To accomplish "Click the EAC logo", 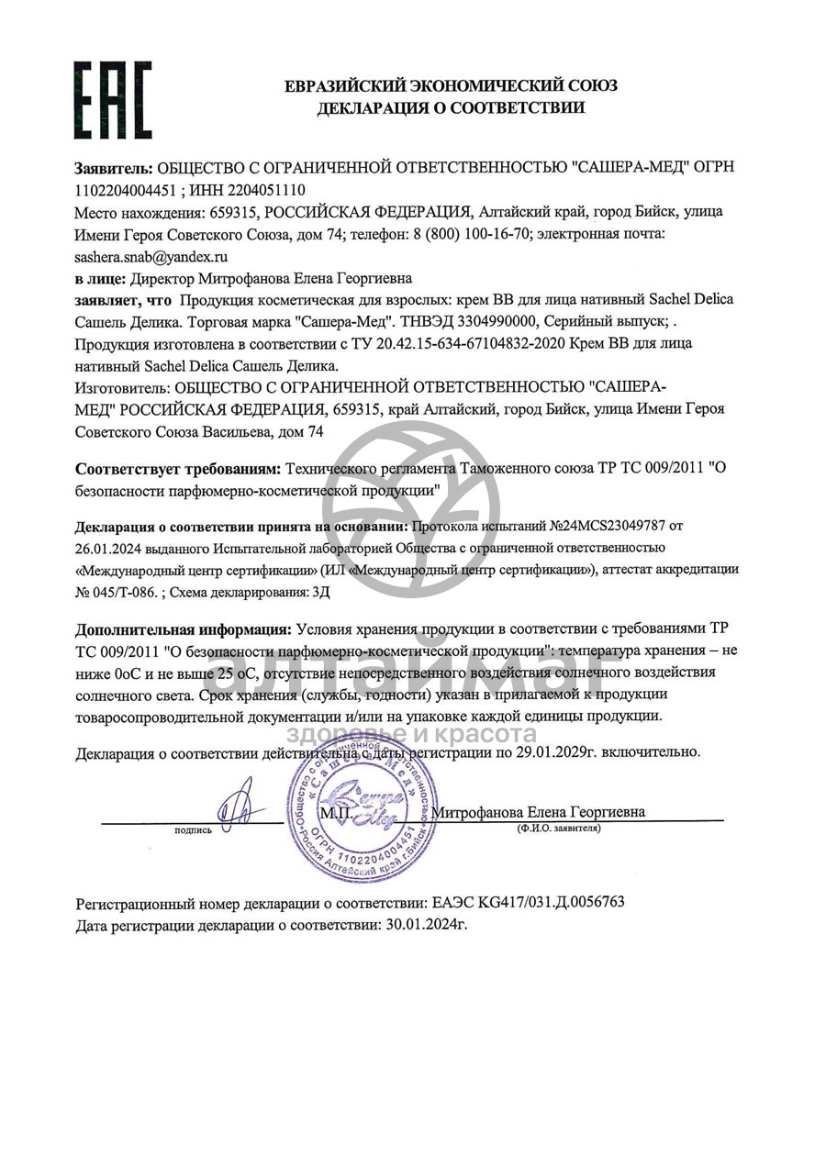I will point(113,100).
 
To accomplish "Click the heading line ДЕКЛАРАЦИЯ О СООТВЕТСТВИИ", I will point(451,108).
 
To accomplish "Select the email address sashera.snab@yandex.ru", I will point(151,257).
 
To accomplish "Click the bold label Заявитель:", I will point(114,168).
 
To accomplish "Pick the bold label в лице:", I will point(101,277).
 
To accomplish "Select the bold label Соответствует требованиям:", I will point(179,469).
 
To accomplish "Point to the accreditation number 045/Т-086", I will point(123,592).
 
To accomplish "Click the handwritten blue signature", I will point(238,803).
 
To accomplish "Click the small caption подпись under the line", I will point(193,830).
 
